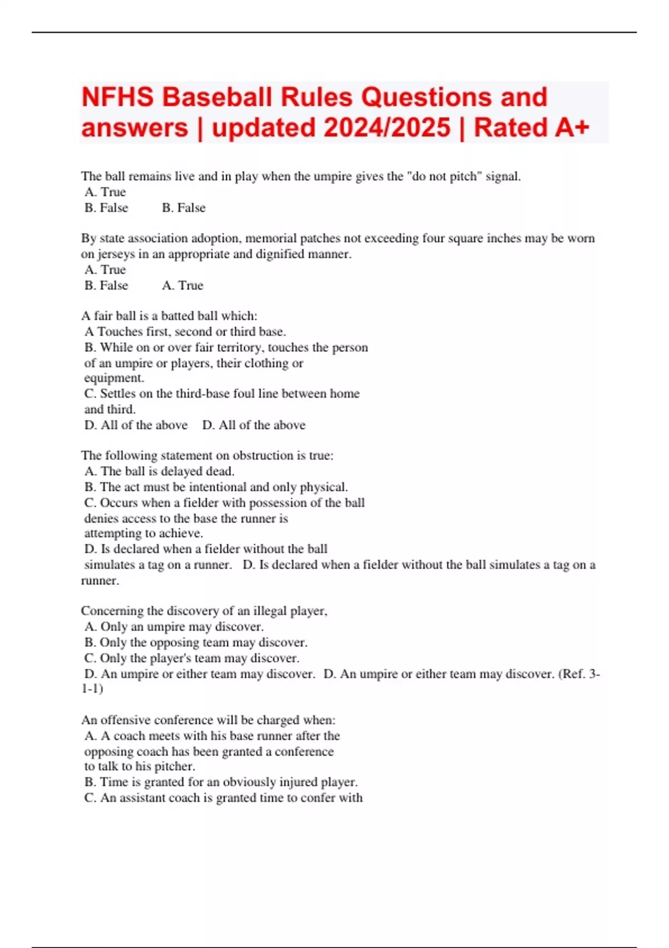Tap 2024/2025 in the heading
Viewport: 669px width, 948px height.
pos(387,128)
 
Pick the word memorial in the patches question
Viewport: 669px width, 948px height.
pos(270,238)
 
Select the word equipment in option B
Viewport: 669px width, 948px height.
pos(114,378)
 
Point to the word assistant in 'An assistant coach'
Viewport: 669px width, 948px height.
pos(139,798)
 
